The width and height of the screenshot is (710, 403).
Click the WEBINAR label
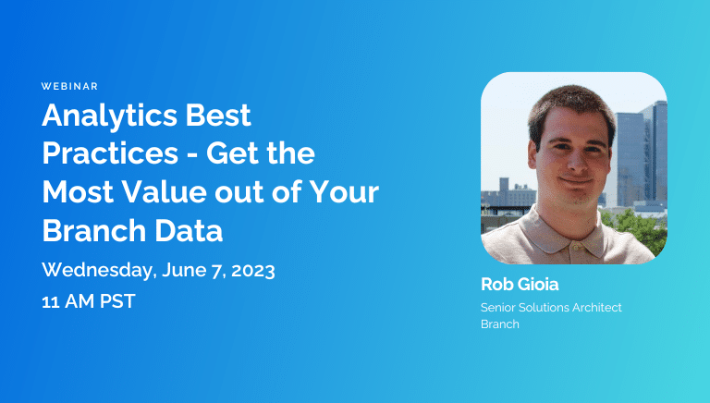[x=69, y=86]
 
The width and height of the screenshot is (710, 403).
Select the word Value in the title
[x=154, y=192]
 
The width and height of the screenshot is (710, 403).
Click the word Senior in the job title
[x=500, y=307]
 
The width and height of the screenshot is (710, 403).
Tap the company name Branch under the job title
[x=500, y=324]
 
